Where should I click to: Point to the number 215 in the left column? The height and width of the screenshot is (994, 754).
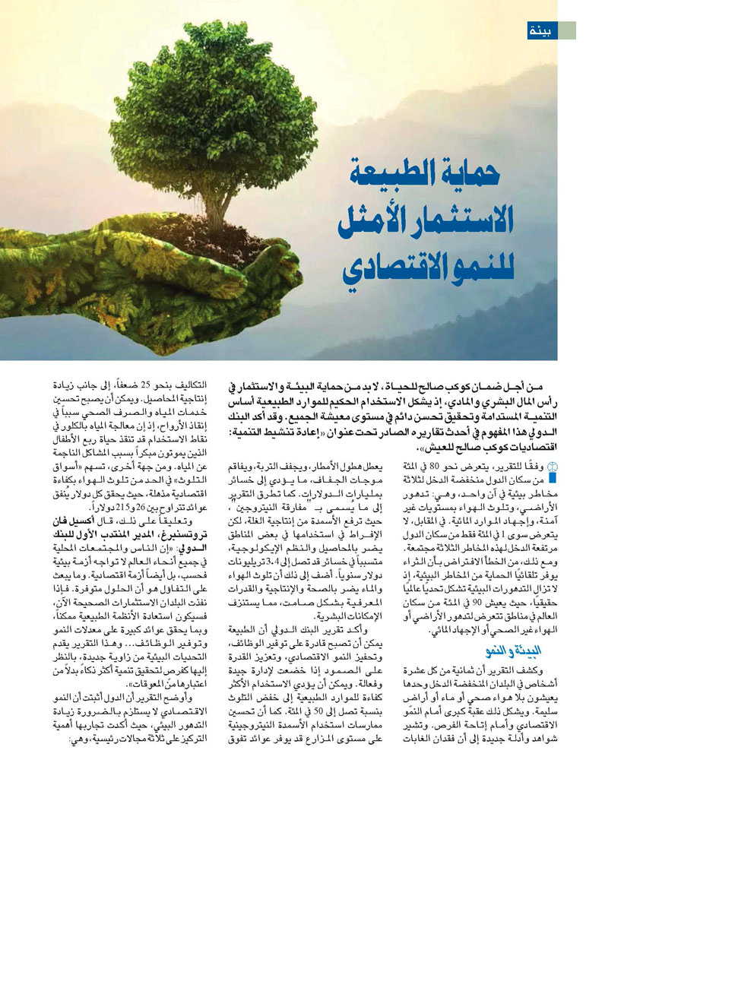tap(119, 506)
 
